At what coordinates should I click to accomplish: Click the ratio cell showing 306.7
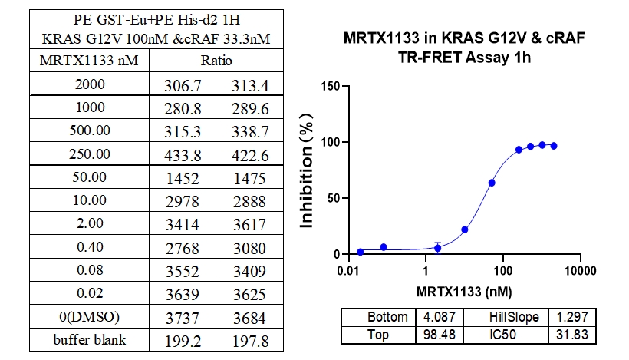pyautogui.click(x=189, y=85)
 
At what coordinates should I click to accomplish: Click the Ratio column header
pyautogui.click(x=216, y=61)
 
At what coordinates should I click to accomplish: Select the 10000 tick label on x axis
pyautogui.click(x=581, y=272)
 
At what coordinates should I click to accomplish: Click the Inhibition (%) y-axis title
pyautogui.click(x=308, y=169)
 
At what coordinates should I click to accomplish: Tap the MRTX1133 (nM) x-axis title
pyautogui.click(x=464, y=292)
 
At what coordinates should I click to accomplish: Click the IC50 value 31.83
pyautogui.click(x=571, y=335)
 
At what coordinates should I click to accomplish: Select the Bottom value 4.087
pyautogui.click(x=430, y=317)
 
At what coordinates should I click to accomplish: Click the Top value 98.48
pyautogui.click(x=430, y=335)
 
